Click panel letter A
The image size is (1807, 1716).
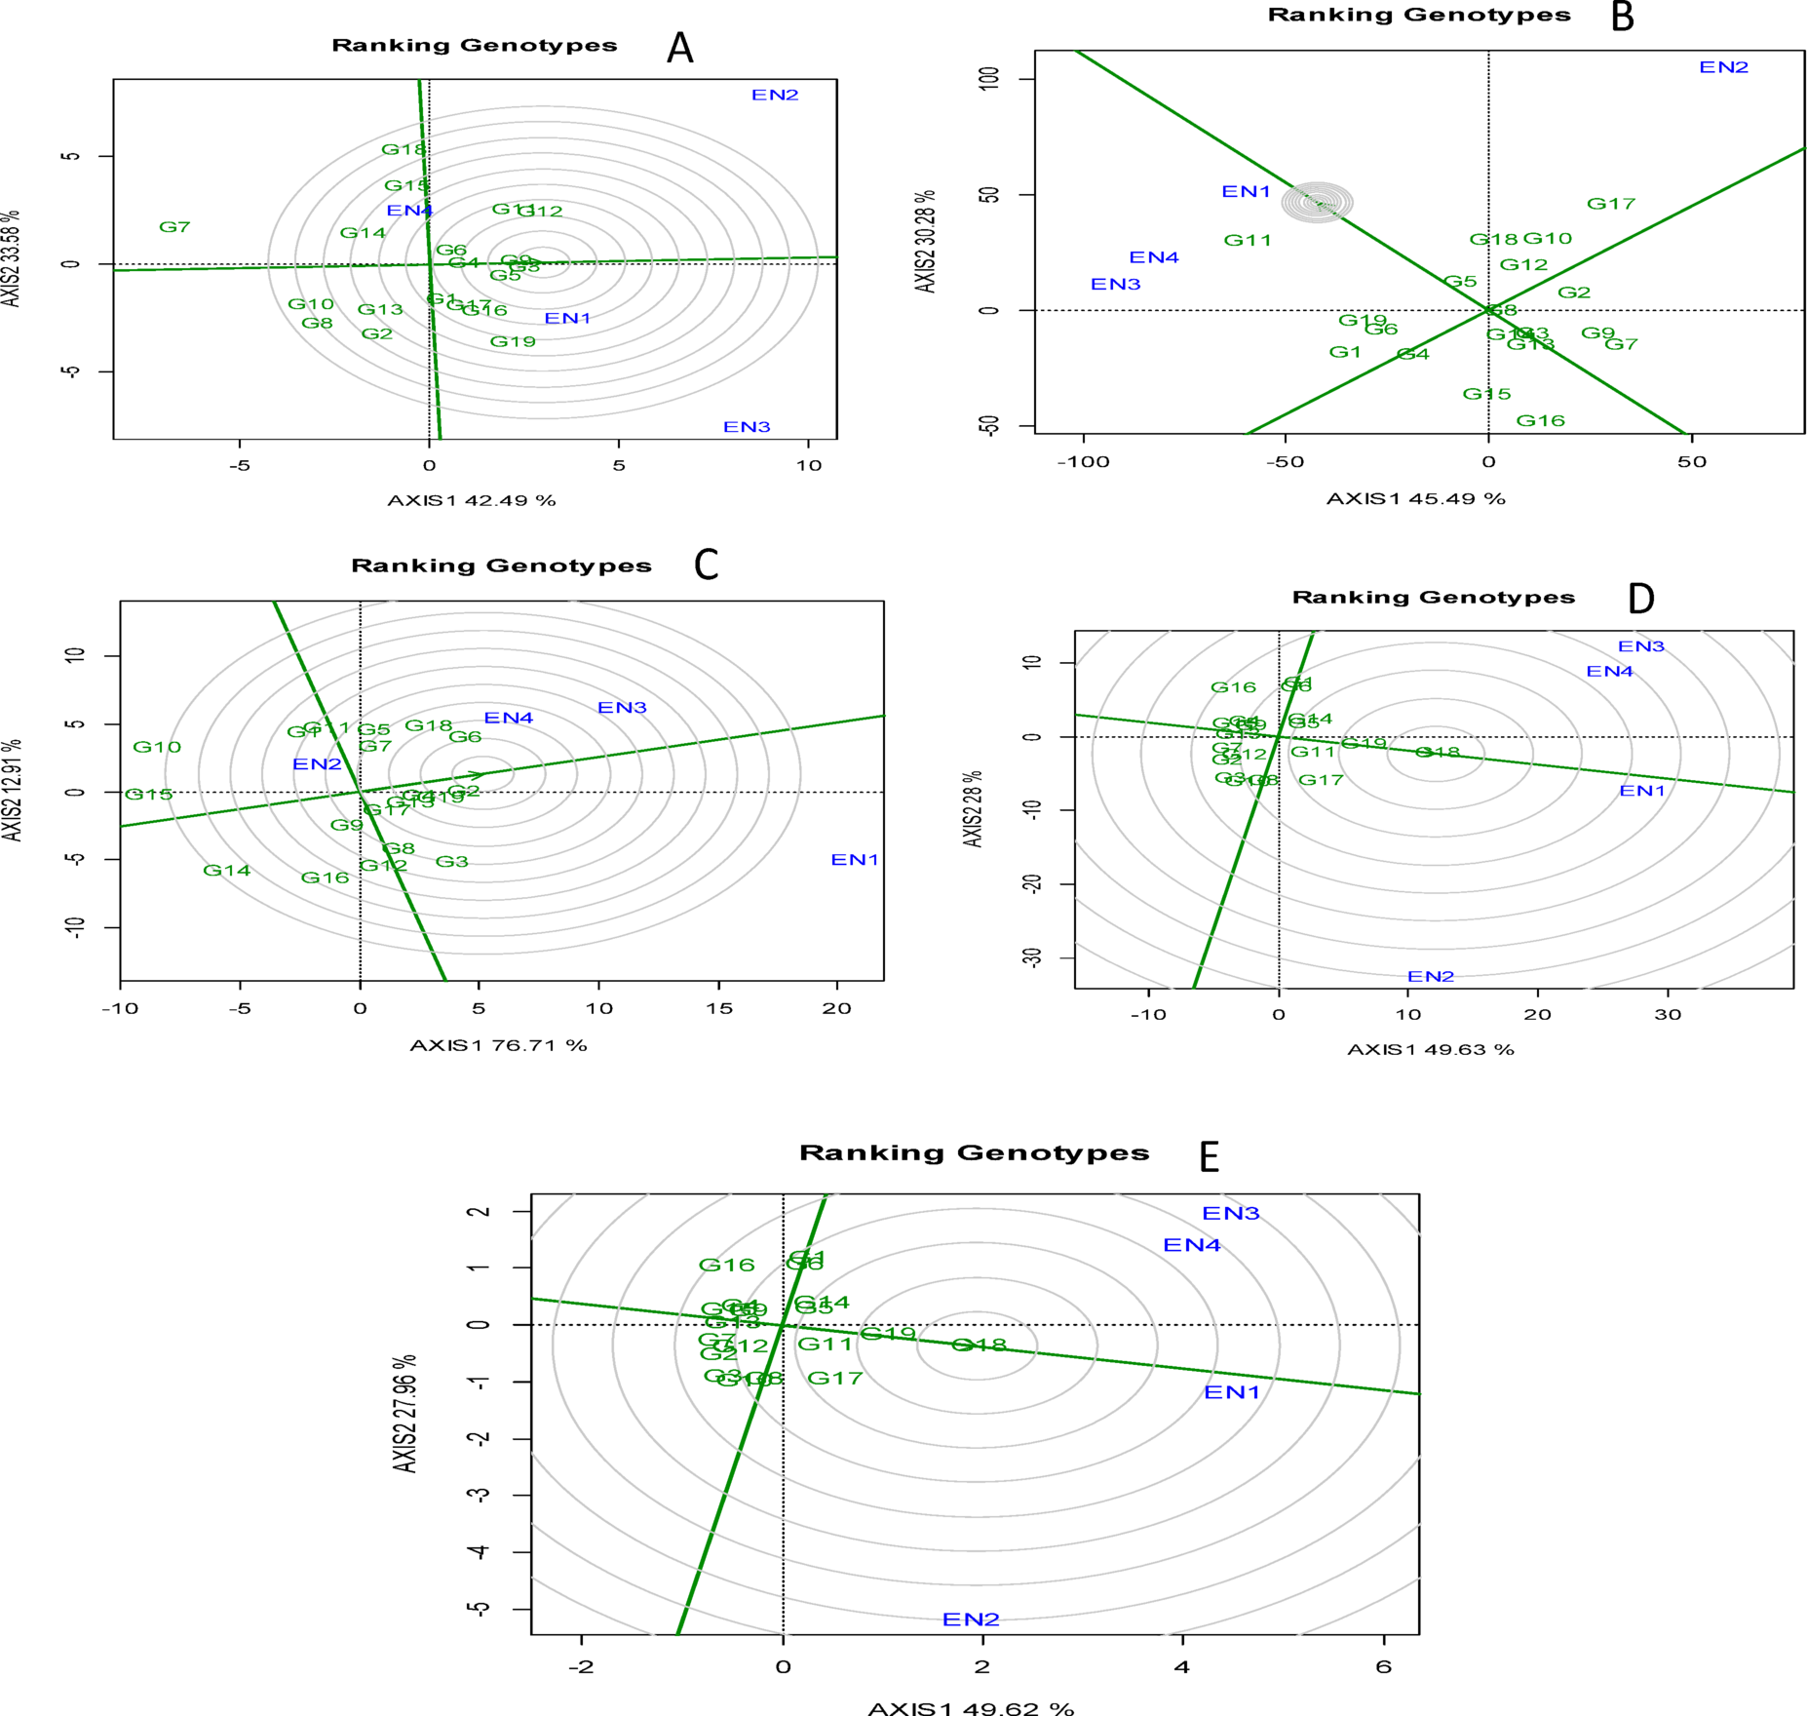coord(680,48)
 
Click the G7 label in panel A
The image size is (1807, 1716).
coord(174,227)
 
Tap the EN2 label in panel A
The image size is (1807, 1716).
coord(775,95)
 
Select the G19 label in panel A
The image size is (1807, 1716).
coord(513,341)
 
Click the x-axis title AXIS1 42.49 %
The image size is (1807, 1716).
coord(472,500)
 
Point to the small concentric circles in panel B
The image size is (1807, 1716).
coord(1317,202)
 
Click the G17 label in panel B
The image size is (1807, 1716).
coord(1610,204)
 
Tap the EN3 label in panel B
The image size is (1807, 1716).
coord(1115,284)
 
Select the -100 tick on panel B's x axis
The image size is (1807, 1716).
coord(1083,462)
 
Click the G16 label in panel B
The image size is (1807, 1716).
coord(1540,420)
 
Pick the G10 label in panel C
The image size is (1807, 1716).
coord(157,747)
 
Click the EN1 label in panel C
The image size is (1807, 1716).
coord(855,859)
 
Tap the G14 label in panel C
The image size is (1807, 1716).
coord(226,870)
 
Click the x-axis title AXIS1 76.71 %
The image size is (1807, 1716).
coord(498,1045)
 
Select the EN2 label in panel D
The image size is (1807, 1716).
coord(1430,976)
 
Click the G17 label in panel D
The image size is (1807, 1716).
coord(1321,780)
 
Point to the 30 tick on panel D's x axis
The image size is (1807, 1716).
coord(1668,1014)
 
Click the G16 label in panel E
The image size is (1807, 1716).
coord(726,1265)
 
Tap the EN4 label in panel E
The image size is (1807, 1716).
coord(1191,1245)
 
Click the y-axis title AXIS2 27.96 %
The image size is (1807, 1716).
coord(405,1413)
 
